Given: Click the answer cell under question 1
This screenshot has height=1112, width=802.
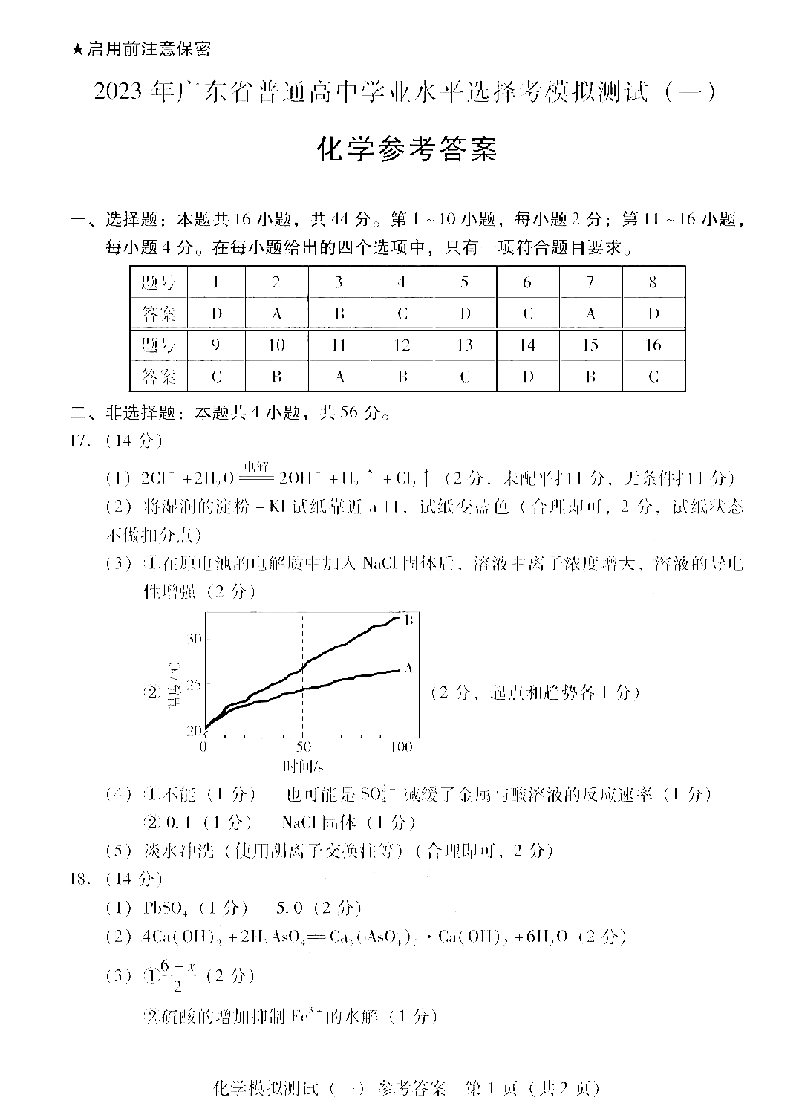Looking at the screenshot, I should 216,313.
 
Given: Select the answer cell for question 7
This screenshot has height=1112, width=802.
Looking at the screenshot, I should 591,313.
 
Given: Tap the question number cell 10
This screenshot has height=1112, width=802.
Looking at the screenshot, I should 277,345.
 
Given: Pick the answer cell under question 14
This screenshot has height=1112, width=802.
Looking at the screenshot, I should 528,377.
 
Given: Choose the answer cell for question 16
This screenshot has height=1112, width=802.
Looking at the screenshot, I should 653,377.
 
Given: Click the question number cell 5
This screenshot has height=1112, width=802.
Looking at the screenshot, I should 465,282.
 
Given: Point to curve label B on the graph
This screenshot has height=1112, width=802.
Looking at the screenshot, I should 408,620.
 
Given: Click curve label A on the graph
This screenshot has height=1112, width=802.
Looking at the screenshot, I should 408,668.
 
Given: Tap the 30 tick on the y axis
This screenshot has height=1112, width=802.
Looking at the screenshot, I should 194,638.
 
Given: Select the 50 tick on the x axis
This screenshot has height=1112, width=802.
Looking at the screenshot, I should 302,747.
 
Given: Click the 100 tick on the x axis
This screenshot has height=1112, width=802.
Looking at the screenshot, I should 400,747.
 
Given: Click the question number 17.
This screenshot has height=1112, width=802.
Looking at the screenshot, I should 79,440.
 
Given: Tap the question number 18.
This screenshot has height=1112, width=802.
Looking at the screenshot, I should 79,879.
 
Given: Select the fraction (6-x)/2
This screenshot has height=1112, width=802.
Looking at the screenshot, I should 178,975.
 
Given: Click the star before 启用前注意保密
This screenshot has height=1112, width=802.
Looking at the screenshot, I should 77,50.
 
